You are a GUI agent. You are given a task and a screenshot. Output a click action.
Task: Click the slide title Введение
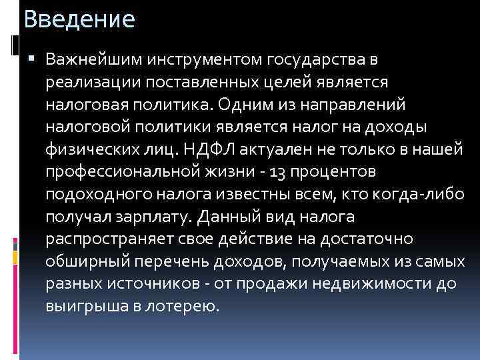click(x=79, y=19)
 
